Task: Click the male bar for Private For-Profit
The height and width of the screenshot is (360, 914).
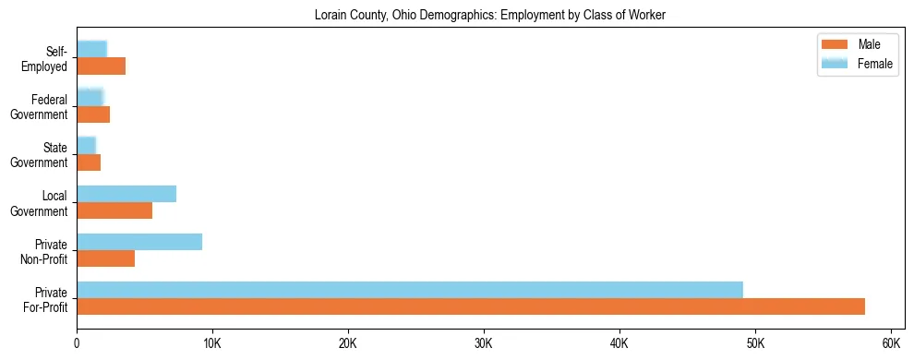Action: (x=471, y=306)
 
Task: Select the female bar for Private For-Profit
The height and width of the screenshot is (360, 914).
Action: (x=410, y=290)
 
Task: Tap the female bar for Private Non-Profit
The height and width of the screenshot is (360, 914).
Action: (x=139, y=242)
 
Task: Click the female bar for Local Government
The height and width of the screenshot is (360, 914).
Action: (x=126, y=194)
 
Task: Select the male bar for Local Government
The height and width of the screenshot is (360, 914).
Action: (x=114, y=210)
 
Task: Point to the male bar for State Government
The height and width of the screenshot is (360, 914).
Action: (x=89, y=162)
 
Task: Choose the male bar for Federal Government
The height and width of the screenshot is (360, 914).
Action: (x=93, y=114)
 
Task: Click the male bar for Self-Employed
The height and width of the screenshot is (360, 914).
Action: (x=101, y=66)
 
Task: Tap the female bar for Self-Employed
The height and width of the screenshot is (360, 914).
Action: (x=91, y=50)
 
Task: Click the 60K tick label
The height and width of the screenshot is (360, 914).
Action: (x=890, y=343)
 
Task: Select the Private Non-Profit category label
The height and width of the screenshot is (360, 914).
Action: (x=48, y=250)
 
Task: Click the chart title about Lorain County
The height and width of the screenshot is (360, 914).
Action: (x=489, y=15)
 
